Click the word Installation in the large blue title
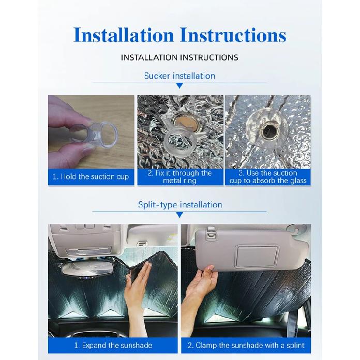(124, 35)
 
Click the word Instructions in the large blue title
(233, 35)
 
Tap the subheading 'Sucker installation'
(179, 76)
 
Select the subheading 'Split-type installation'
(180, 204)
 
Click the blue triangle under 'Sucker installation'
(180, 86)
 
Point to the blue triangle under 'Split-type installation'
(180, 215)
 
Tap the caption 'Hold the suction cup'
(91, 177)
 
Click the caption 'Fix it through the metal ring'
(180, 177)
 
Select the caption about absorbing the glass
(268, 177)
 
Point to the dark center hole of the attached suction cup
(270, 131)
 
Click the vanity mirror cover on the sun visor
(257, 257)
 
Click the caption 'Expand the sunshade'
(113, 346)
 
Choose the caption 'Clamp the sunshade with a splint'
(246, 346)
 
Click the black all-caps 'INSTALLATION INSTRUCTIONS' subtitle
(179, 57)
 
